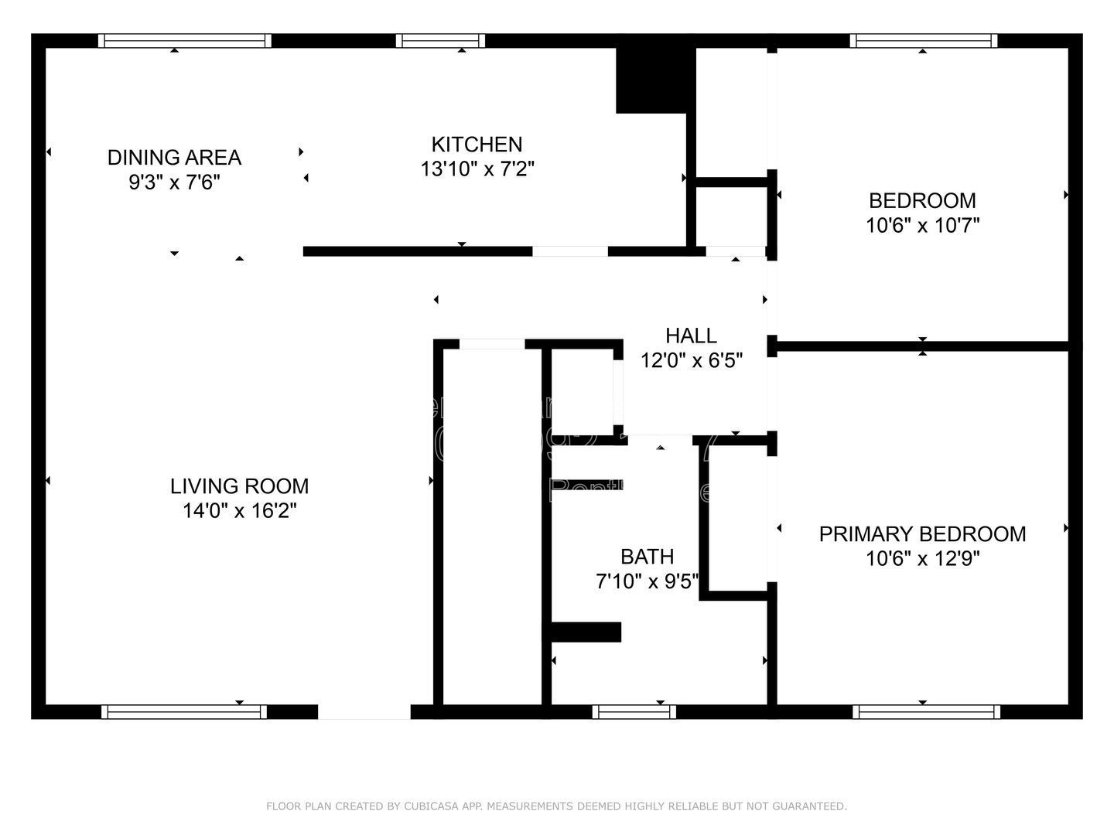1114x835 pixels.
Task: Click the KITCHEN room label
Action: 477,145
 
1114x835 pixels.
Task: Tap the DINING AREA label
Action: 174,158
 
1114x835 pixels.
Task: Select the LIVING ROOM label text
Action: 239,486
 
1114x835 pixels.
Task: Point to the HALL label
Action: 691,336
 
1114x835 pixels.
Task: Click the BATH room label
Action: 647,557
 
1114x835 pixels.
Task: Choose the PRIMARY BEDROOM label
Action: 922,534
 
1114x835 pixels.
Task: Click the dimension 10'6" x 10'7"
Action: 922,226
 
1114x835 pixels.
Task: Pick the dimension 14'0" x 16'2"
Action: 239,511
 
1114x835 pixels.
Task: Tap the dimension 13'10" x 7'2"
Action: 477,169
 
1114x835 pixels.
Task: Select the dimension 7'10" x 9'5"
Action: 647,581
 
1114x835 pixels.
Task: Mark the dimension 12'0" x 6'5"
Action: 691,360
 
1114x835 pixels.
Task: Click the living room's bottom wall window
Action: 184,712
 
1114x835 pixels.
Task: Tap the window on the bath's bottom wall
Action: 634,712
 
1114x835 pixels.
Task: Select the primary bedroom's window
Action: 926,712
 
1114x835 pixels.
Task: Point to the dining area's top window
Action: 185,41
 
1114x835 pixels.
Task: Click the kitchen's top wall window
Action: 441,41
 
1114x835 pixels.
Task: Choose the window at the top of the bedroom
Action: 923,41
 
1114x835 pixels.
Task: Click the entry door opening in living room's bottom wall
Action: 364,712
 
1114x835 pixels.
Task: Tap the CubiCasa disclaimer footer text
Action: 556,806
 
